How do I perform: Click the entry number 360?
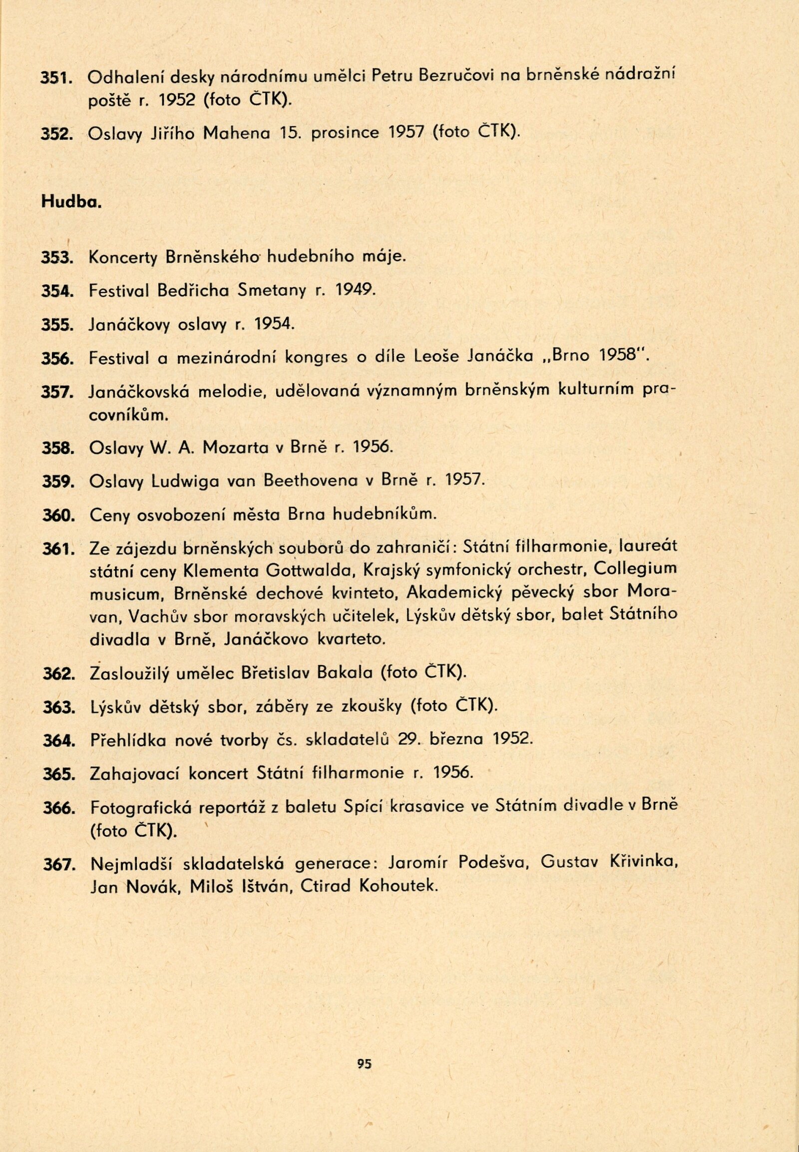[x=58, y=515]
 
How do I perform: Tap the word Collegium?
[x=636, y=570]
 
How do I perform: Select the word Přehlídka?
[x=129, y=740]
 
